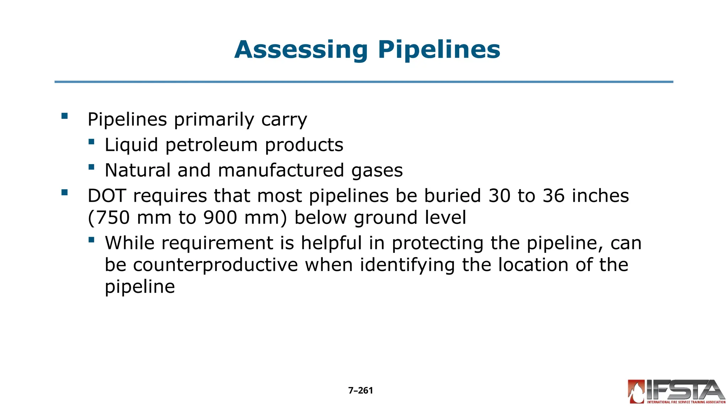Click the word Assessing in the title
click(301, 50)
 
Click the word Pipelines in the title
click(439, 50)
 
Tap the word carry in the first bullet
click(284, 120)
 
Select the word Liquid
click(131, 145)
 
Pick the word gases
click(377, 171)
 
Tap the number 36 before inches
click(553, 196)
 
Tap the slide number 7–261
click(360, 391)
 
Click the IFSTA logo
click(676, 392)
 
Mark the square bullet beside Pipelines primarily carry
click(64, 116)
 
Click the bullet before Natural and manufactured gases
click(91, 167)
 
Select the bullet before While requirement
click(91, 240)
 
